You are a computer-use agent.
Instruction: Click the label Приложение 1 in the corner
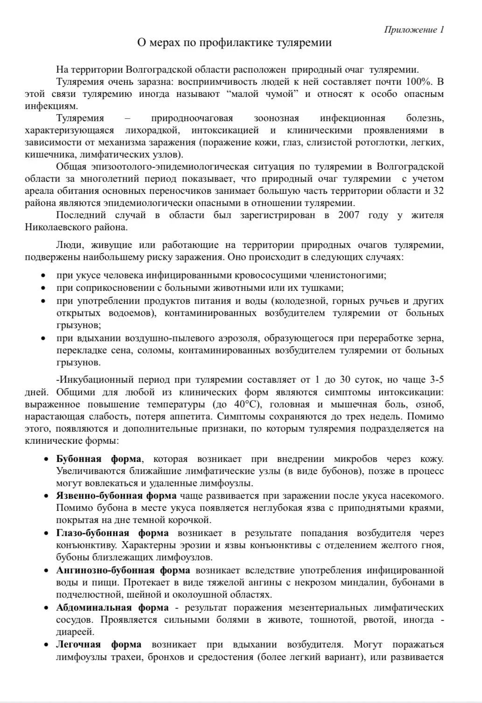tap(413, 30)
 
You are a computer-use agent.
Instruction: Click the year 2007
tap(349, 215)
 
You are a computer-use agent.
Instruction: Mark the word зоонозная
tap(276, 118)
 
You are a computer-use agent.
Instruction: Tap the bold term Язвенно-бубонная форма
tap(116, 496)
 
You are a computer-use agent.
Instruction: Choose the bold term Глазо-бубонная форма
tap(112, 533)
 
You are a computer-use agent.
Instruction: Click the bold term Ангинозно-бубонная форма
tap(123, 570)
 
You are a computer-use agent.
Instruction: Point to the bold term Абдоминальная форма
tap(112, 607)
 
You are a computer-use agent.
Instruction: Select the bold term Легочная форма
tap(98, 645)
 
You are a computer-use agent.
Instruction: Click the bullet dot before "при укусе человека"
tap(43, 276)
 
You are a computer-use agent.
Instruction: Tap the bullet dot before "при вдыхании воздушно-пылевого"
tap(43, 338)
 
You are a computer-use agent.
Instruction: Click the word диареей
tap(75, 632)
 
